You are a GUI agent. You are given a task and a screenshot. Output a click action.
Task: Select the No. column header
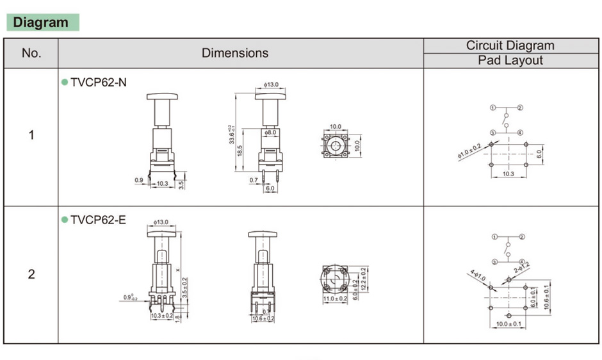[x=31, y=53]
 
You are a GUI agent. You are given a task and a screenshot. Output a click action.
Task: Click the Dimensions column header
[x=235, y=53]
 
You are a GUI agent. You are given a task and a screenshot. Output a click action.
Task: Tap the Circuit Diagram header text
[x=510, y=45]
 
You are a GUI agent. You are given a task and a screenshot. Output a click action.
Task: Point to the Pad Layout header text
[x=510, y=61]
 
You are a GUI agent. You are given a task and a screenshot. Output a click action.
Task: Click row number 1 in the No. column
[x=31, y=136]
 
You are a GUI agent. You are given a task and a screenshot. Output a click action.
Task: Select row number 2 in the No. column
[x=31, y=274]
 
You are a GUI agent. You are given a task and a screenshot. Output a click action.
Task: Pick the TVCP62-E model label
[x=98, y=220]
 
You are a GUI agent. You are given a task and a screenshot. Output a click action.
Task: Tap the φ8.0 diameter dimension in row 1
[x=270, y=133]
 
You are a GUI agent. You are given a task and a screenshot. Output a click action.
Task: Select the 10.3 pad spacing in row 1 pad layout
[x=508, y=174]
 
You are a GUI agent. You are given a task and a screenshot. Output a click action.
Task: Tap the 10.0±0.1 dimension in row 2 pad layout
[x=508, y=324]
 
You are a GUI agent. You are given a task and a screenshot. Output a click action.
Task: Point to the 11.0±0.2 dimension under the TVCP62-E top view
[x=334, y=299]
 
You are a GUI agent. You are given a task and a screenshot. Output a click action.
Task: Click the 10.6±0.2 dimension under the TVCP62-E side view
[x=263, y=318]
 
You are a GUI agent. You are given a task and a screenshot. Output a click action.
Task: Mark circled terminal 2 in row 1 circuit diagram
[x=521, y=108]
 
